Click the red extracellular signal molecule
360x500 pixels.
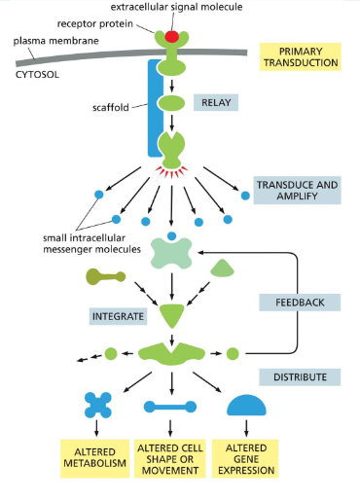coord(171,37)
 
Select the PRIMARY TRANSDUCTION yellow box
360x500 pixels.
coord(300,55)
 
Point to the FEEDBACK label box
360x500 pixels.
coord(300,303)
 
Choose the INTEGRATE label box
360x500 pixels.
coord(116,316)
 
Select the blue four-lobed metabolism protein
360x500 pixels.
coord(98,407)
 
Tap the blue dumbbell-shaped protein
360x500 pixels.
coord(171,407)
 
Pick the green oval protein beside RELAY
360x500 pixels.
coord(171,102)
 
